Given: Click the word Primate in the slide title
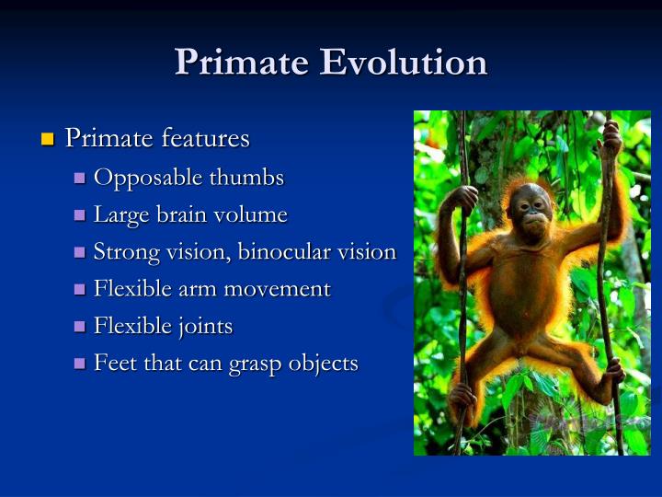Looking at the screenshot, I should tap(241, 63).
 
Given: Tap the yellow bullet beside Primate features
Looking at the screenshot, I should tap(49, 140).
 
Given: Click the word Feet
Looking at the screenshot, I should tap(112, 364).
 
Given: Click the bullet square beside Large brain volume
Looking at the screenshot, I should tap(79, 216).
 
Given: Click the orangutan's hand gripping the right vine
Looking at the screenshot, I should tap(608, 141).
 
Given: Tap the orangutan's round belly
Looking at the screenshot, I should tap(524, 295).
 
